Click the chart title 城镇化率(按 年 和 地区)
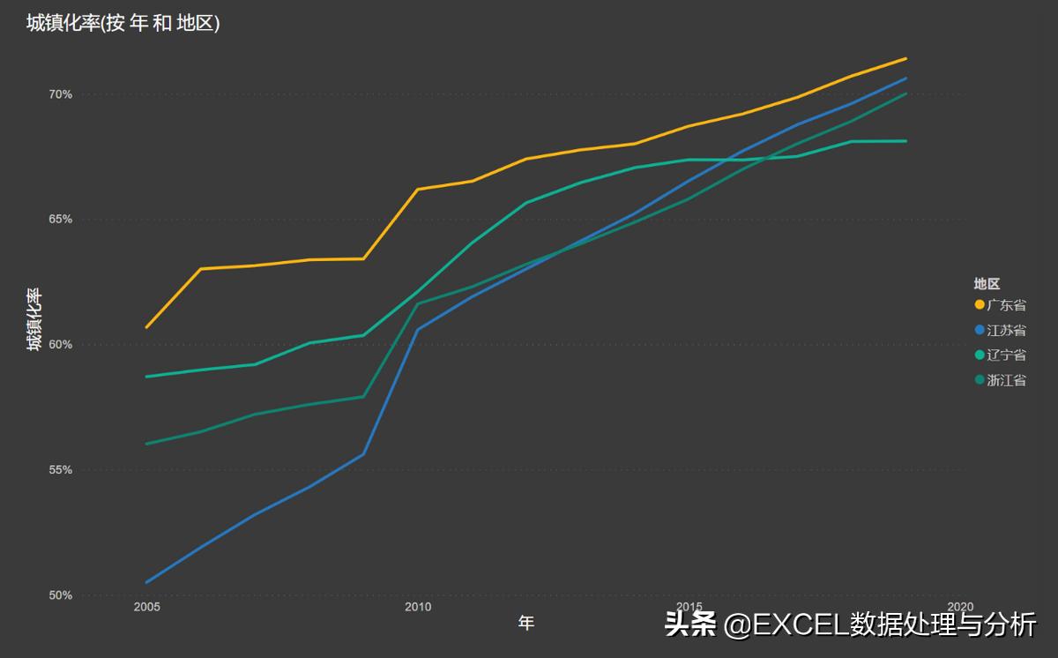123,24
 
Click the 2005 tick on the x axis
146,607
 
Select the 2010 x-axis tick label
418,607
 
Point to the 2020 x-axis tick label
960,607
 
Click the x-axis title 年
526,624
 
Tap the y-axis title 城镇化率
34,319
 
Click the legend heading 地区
987,283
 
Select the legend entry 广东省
1006,305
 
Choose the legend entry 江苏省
1006,330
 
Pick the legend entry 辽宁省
1006,355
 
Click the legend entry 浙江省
1006,380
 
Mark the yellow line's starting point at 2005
146,327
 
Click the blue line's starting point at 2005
146,582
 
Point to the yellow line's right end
905,59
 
